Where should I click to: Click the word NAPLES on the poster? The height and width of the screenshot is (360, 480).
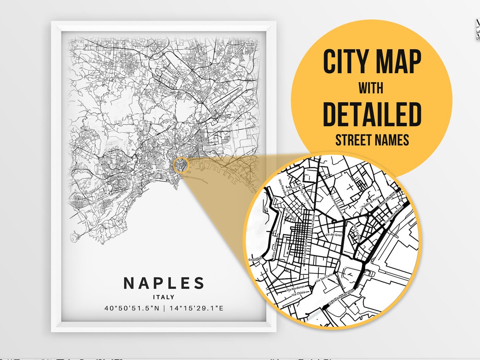(x=164, y=283)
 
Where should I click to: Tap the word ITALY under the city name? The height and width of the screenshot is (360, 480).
(x=164, y=297)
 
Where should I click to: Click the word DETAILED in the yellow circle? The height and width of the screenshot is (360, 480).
(x=372, y=114)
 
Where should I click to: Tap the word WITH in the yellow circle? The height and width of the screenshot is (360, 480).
(x=371, y=88)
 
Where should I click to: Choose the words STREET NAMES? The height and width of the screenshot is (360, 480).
(x=372, y=140)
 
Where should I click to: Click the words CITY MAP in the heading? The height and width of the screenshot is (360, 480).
(x=372, y=62)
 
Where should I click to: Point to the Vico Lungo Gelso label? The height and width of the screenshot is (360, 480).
(x=305, y=253)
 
